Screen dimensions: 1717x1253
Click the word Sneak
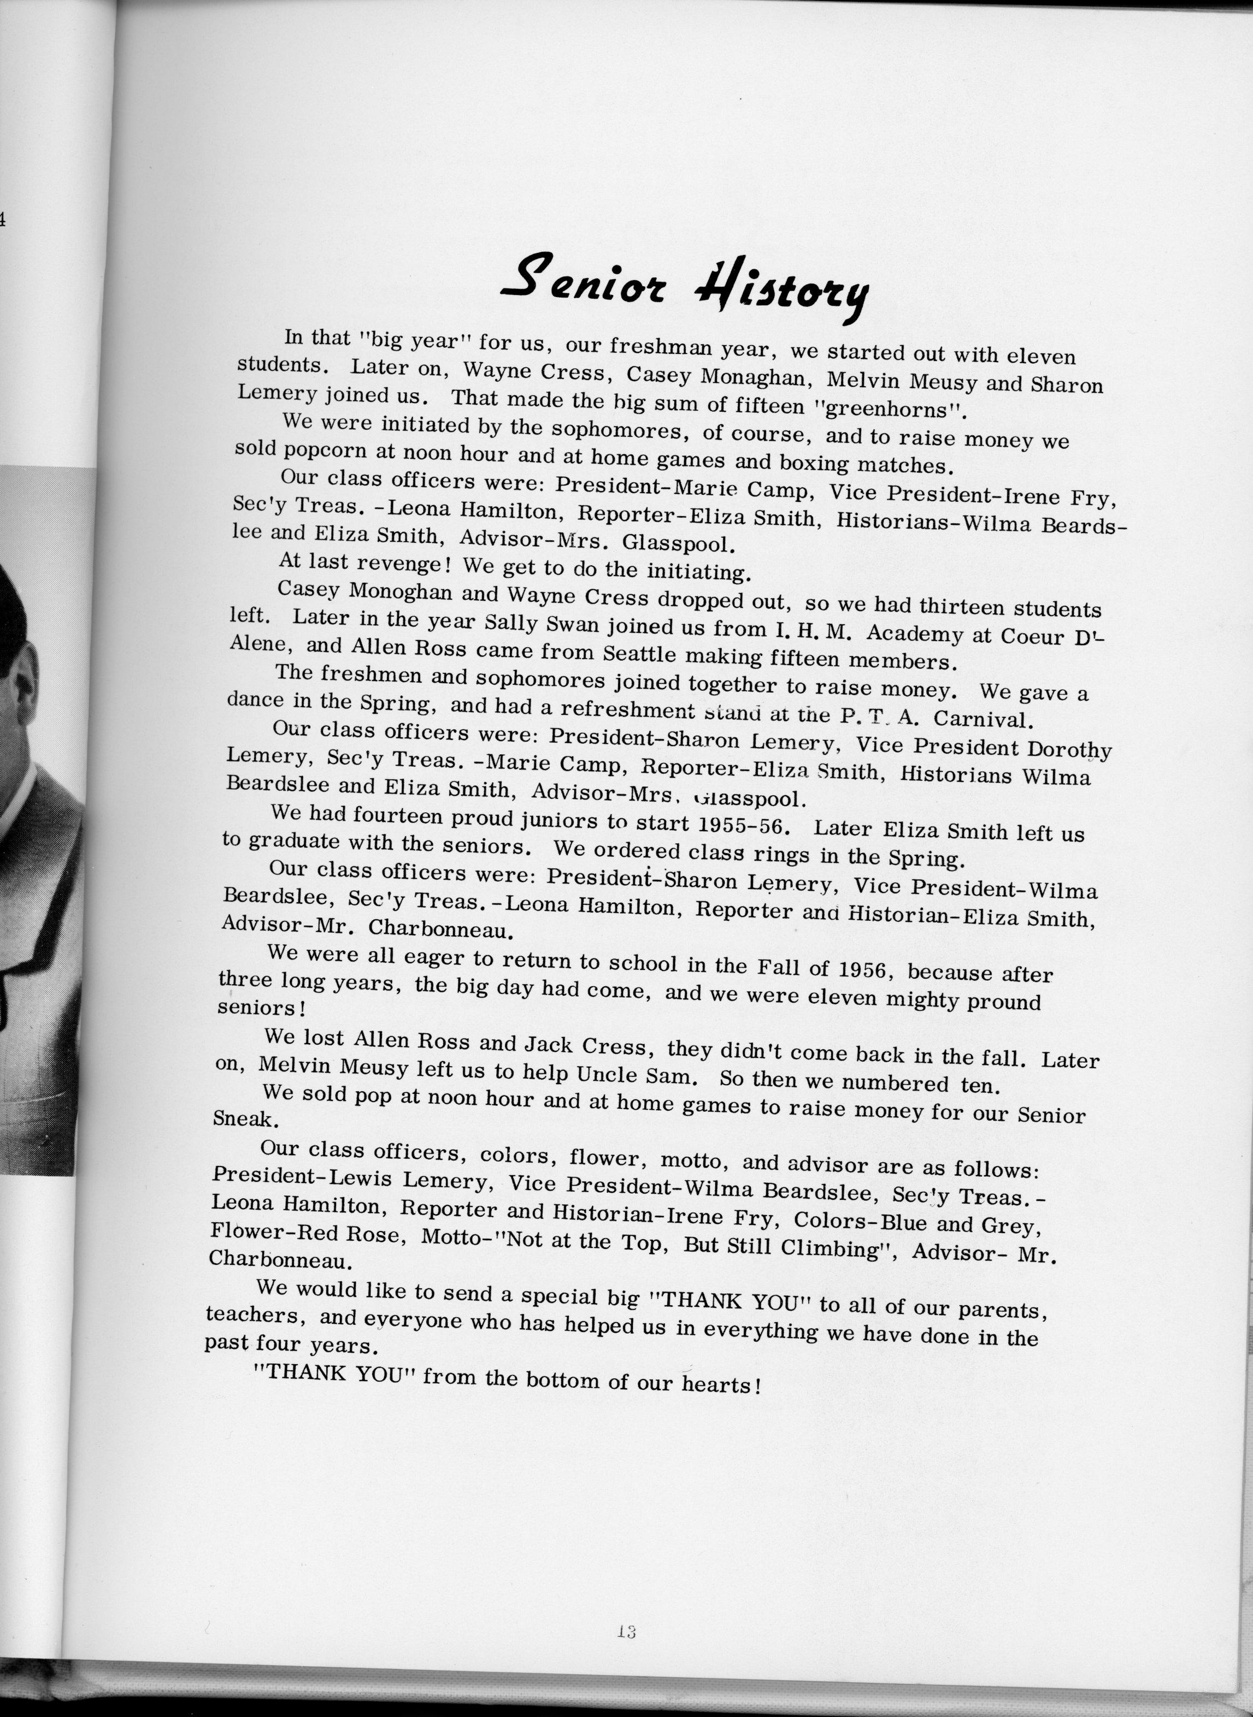[x=236, y=1118]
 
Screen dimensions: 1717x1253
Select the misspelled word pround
[x=1001, y=1002]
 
